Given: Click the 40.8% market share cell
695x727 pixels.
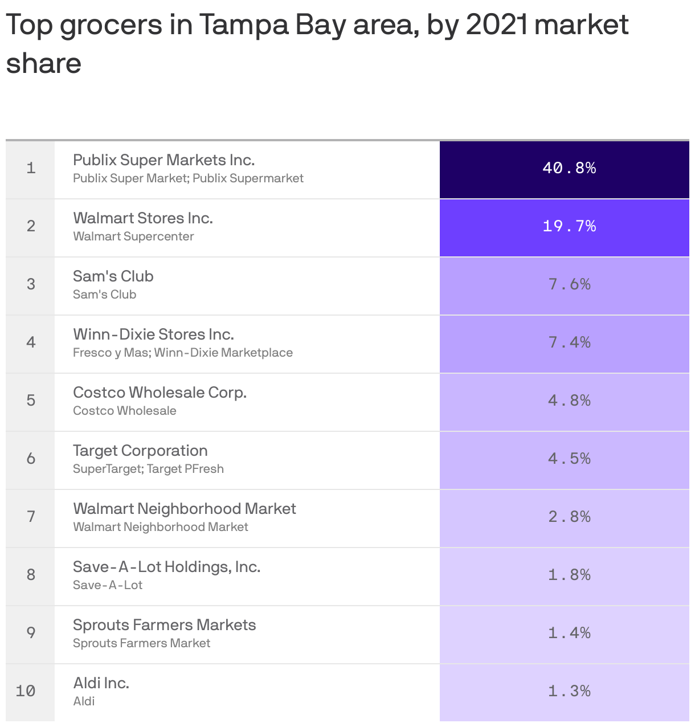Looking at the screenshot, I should point(569,168).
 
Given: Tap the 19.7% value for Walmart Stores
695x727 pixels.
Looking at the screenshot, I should point(569,226).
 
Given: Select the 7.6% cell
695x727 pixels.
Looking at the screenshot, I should point(569,284).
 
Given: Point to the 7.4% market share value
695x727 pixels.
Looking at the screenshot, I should point(569,342).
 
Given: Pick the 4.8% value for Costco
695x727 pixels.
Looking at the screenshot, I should point(569,401).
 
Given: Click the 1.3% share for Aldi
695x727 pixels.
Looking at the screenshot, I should point(569,691).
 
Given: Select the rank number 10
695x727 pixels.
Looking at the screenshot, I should point(26,691).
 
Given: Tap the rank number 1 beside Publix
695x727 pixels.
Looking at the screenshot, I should point(31,168).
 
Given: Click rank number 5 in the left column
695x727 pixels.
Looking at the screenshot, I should point(31,401).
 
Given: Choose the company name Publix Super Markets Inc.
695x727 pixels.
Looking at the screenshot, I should point(163,160).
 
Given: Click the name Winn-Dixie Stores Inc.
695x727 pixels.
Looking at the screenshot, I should point(153,334).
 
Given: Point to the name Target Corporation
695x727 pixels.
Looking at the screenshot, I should point(140,451).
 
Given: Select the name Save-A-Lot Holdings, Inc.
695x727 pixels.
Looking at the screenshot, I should point(166,567).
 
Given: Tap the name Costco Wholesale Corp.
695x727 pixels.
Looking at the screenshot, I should point(160,393).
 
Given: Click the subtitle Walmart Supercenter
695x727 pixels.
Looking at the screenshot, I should point(133,236).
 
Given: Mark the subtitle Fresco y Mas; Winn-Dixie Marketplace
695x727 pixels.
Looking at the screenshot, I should point(182,353).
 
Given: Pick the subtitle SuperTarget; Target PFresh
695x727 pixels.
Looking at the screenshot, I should point(148,469).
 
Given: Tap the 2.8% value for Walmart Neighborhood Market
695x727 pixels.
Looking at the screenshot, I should point(569,517).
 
